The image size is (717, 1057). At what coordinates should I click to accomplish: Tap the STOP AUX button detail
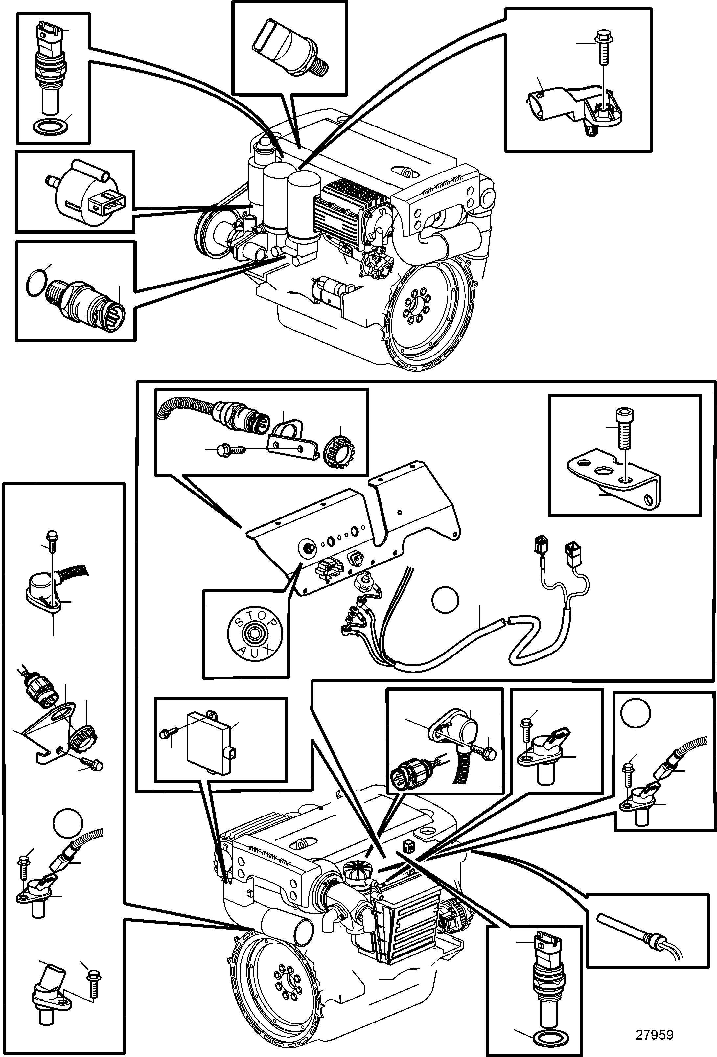coord(255,633)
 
